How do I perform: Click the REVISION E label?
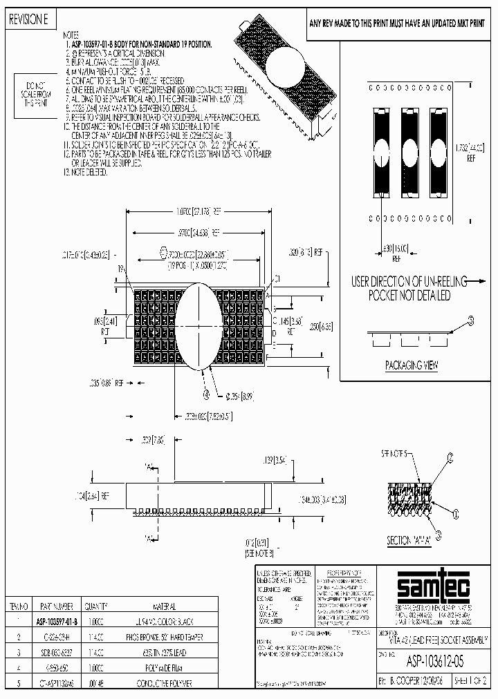(x=28, y=21)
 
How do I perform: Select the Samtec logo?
(x=422, y=587)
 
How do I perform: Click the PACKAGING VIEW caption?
(x=411, y=367)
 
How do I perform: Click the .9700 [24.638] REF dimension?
(x=196, y=233)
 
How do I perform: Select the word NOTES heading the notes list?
(x=71, y=34)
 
